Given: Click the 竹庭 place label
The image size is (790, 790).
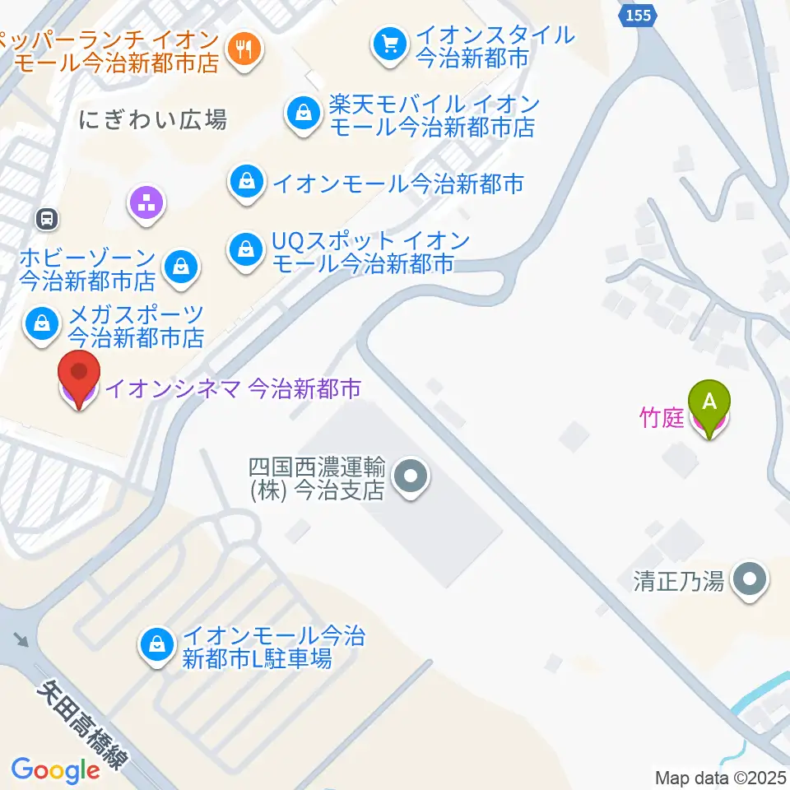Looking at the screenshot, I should [662, 418].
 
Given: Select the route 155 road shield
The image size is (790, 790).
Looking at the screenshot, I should [637, 15].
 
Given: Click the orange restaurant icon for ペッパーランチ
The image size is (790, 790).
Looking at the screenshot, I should [244, 49].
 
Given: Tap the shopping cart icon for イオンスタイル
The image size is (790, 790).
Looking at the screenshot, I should [388, 42].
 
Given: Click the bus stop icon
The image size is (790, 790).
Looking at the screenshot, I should [47, 219].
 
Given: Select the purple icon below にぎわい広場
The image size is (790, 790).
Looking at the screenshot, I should [147, 202].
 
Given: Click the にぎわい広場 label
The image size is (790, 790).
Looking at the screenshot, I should [154, 121].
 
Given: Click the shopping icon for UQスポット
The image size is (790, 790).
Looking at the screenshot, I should [245, 248].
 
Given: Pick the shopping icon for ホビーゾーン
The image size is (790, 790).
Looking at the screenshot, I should [179, 266].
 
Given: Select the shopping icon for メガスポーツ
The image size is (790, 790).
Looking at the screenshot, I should [40, 323].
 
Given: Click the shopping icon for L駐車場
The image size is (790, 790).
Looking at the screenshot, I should [156, 644].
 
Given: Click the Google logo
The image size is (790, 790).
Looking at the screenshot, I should [55, 770].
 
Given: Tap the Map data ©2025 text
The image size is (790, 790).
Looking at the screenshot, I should [721, 777].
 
